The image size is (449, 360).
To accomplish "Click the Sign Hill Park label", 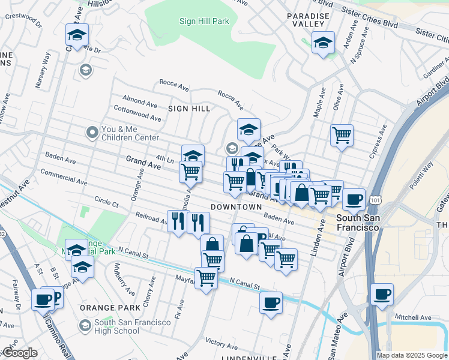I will pos(204,22).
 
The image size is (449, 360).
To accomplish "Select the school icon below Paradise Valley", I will pos(323,43).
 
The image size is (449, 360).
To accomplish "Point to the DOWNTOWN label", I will pos(237,207).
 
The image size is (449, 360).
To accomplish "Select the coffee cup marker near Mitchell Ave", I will pos(382,295).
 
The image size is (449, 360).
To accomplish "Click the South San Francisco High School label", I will pos(133,326).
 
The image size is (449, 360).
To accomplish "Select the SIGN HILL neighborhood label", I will pos(189,109).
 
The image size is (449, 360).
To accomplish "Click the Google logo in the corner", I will pos(20,353).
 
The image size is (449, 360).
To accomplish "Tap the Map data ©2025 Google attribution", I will pos(411,355).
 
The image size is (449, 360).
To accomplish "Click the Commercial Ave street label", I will pos(63,179).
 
